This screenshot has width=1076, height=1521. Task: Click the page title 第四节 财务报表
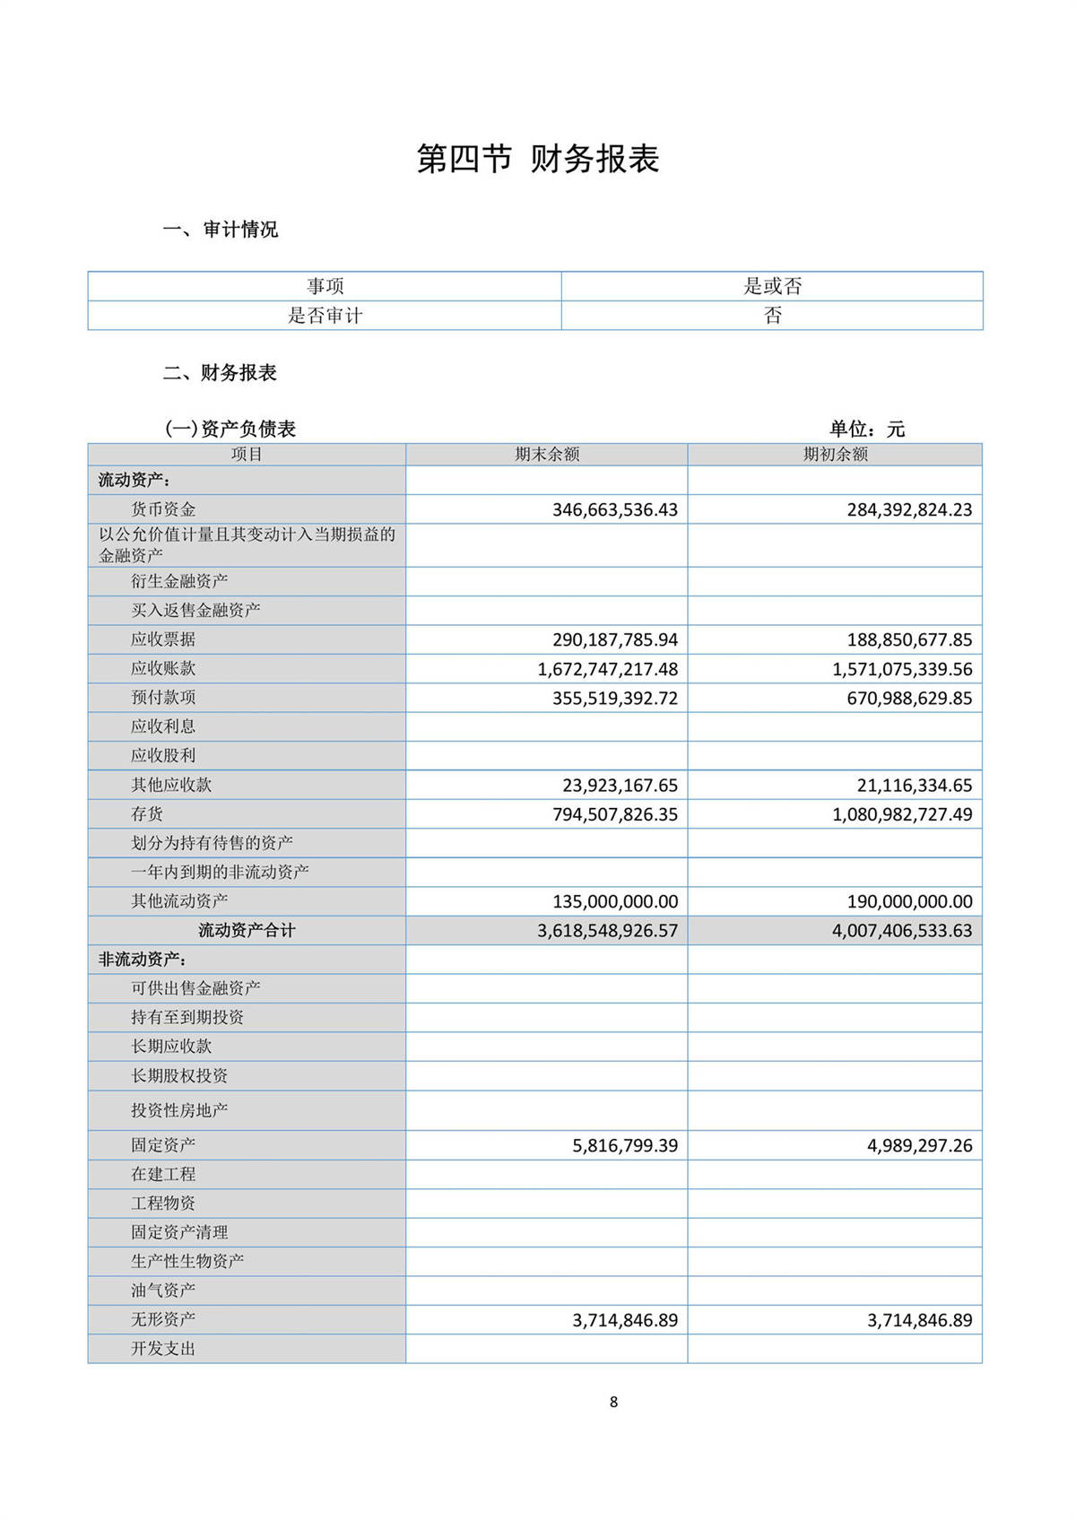(x=538, y=159)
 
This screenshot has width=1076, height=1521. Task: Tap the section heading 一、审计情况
(x=221, y=230)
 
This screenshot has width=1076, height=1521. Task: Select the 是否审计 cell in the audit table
(x=325, y=316)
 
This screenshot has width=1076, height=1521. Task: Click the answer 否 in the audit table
(x=772, y=316)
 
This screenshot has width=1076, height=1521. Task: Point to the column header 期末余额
(x=547, y=455)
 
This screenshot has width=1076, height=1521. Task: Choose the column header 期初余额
(x=835, y=455)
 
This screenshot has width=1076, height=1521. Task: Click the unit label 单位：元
(x=866, y=430)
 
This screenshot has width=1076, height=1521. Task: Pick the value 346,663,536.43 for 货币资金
(x=615, y=510)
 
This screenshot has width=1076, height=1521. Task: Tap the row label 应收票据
(x=163, y=639)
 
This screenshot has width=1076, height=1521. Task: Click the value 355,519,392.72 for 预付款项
(x=615, y=699)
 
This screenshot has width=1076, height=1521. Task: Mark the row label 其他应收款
(x=171, y=785)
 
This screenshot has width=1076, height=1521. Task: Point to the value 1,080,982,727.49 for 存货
(x=902, y=814)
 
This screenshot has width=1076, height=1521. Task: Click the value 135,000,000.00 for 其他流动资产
(x=615, y=901)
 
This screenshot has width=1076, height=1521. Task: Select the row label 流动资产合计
(x=247, y=931)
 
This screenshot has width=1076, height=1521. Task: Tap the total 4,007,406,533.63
(x=902, y=931)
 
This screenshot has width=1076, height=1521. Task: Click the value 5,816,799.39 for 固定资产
(x=625, y=1145)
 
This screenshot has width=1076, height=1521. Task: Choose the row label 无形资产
(x=163, y=1319)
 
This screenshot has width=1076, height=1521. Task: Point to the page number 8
(x=613, y=1403)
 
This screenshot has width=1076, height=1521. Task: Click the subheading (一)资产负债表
(x=230, y=430)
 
